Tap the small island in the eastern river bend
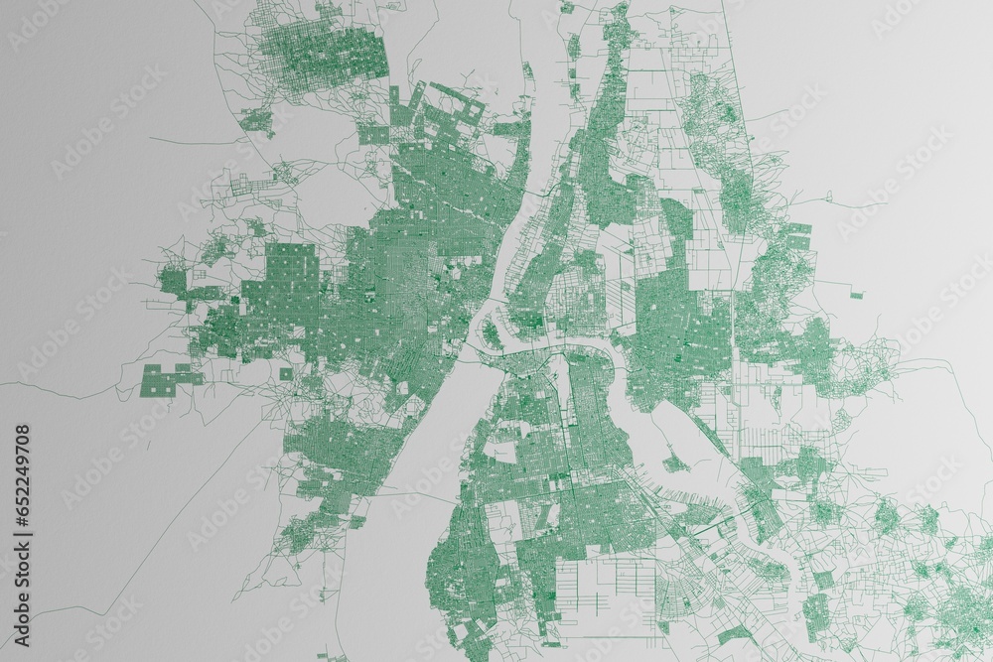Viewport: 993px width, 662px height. [676, 462]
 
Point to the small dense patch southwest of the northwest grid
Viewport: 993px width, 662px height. [258, 122]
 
